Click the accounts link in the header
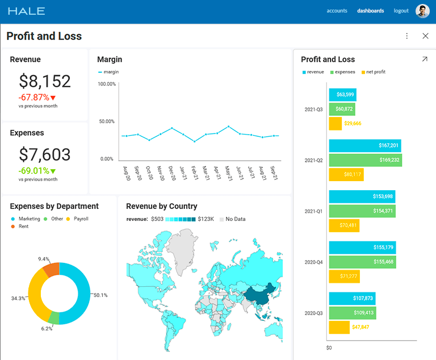pyautogui.click(x=337, y=11)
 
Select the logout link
pyautogui.click(x=401, y=11)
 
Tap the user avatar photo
pyautogui.click(x=422, y=11)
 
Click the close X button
pyautogui.click(x=425, y=36)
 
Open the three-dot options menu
pyautogui.click(x=406, y=36)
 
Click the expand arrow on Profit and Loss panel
pyautogui.click(x=424, y=59)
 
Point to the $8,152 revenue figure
pyautogui.click(x=45, y=81)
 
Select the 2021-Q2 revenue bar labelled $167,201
pyautogui.click(x=364, y=145)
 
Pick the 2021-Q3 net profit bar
pyautogui.click(x=335, y=123)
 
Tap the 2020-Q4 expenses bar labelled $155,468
pyautogui.click(x=362, y=262)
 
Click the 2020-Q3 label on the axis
pyautogui.click(x=313, y=313)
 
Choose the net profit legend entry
pyautogui.click(x=375, y=72)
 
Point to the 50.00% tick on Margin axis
pyautogui.click(x=107, y=122)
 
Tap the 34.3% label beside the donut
pyautogui.click(x=18, y=298)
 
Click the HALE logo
pyautogui.click(x=26, y=11)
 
